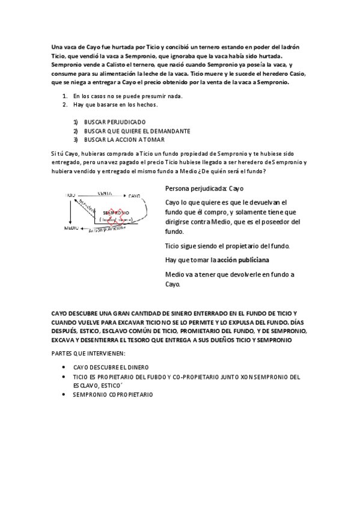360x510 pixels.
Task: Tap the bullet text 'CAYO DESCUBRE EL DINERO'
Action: pos(111,367)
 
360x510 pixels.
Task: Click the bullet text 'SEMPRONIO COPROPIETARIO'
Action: pos(113,395)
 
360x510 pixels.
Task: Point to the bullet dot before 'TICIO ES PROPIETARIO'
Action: pos(64,376)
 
